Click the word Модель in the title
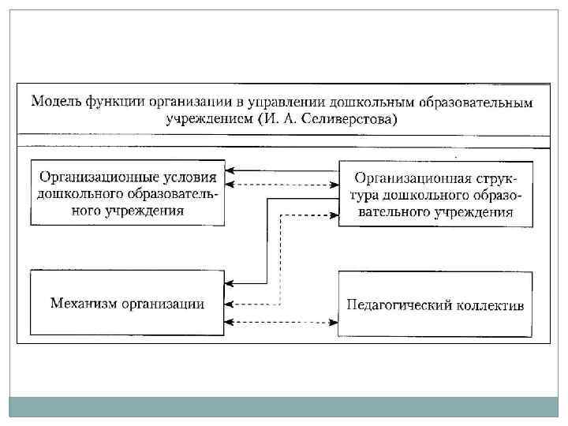coord(54,103)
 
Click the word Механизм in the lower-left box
coord(84,304)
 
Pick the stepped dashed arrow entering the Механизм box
coord(281,260)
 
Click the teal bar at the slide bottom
coord(284,406)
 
